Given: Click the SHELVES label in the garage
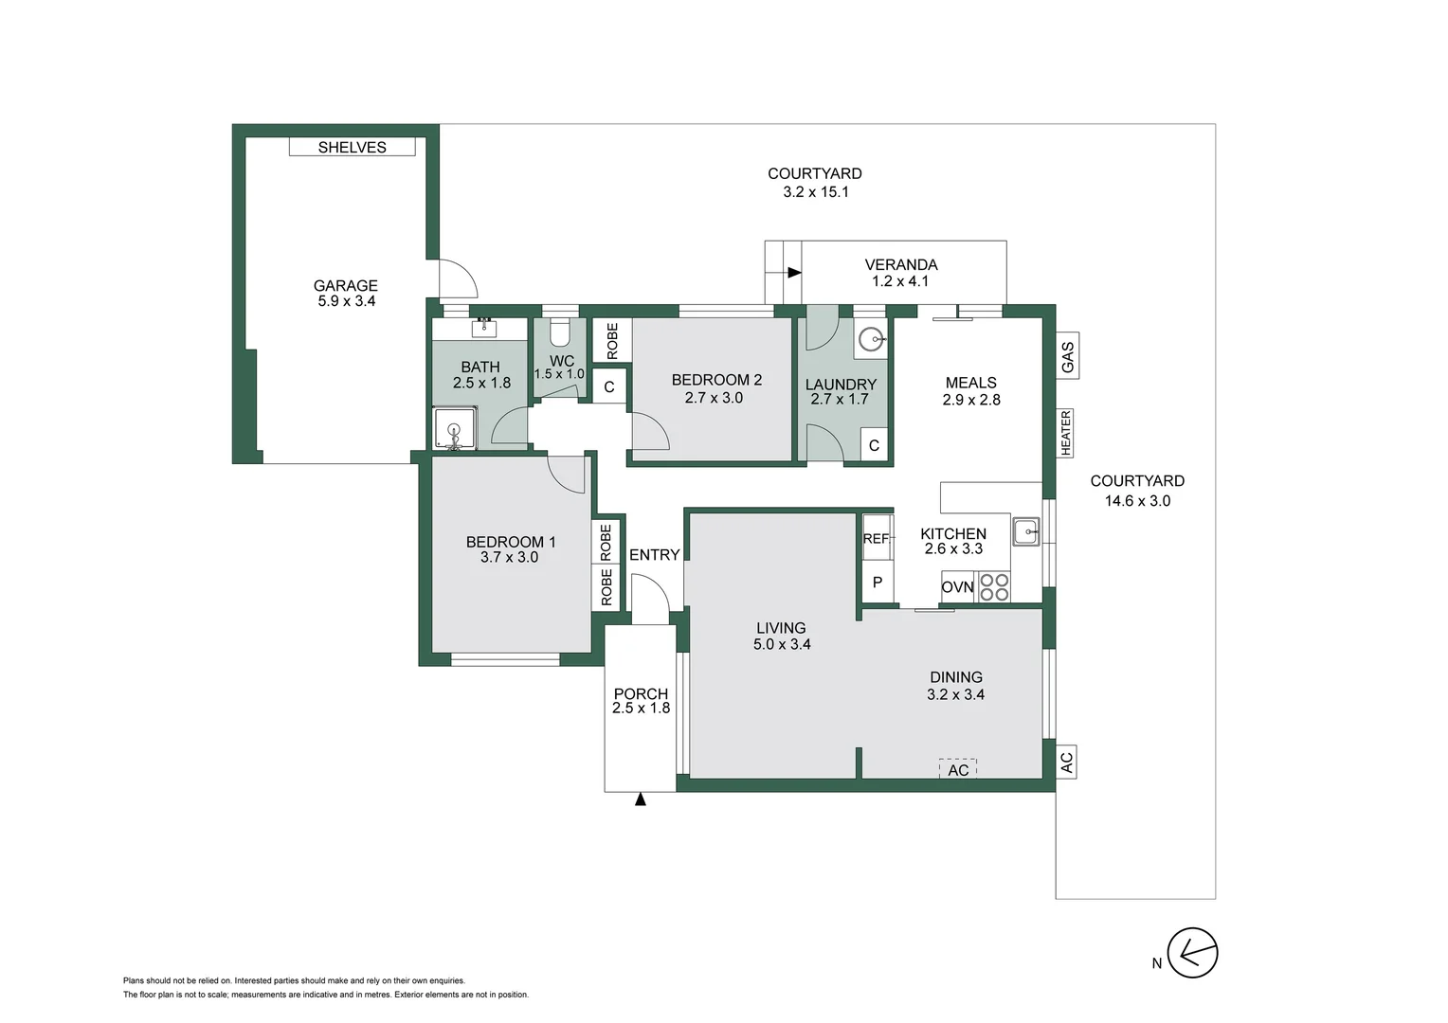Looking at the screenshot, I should (352, 147).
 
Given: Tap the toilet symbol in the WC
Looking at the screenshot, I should (559, 332).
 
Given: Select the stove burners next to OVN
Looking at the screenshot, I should (994, 587).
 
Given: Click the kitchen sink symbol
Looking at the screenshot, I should (1025, 531).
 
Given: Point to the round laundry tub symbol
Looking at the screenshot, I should (870, 338).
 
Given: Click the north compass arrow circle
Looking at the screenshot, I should (1191, 952).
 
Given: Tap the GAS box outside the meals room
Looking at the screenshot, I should (1067, 355).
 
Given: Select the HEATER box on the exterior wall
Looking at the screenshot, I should (1066, 433).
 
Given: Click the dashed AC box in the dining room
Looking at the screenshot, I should (957, 768).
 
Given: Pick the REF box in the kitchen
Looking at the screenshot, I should (877, 538).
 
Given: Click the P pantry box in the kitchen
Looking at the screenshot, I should (877, 582).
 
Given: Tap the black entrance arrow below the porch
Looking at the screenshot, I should (640, 799).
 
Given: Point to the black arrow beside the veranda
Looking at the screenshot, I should (793, 273).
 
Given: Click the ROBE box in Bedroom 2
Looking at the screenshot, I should (611, 340).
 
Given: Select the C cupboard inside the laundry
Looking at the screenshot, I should (874, 445).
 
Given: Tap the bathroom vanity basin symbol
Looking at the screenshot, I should (484, 328).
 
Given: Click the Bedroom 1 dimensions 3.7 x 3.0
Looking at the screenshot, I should (509, 557).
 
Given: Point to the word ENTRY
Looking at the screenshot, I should (654, 555).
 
